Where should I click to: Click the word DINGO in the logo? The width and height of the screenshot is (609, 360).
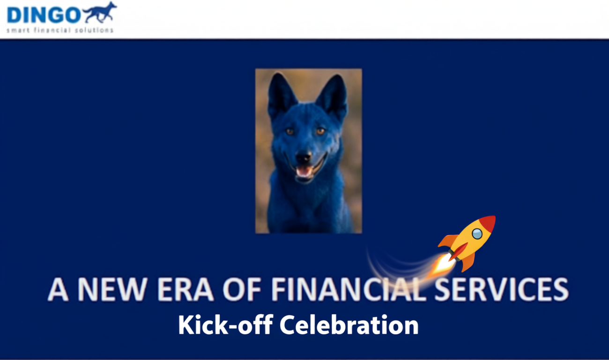point(43,15)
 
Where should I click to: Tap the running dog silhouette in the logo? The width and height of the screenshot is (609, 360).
point(99,13)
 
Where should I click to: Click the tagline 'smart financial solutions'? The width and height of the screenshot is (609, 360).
point(60,30)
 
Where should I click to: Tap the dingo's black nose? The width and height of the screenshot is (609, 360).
point(304,157)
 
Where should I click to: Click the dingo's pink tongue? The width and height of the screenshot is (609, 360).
point(304,172)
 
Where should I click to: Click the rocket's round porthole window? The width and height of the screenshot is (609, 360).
point(477,233)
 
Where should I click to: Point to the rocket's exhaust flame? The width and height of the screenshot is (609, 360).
point(441,264)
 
